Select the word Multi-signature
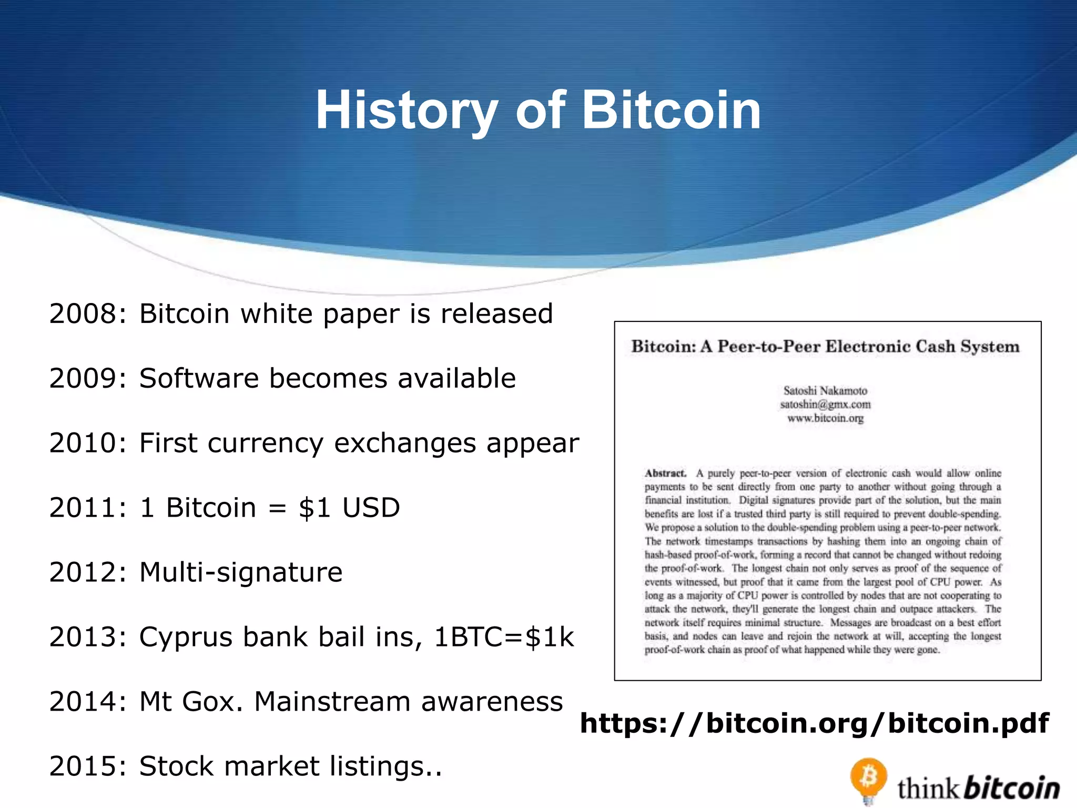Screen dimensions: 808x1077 click(x=241, y=572)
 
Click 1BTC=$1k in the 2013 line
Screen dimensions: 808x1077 click(x=504, y=637)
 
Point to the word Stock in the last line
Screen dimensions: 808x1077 click(x=177, y=766)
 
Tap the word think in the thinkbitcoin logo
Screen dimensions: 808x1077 click(x=928, y=789)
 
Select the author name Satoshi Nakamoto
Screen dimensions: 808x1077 click(x=825, y=391)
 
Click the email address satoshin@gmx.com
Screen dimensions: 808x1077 click(x=825, y=405)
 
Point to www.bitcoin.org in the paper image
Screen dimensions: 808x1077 click(x=825, y=418)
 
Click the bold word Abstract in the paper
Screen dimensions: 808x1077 click(x=666, y=473)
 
